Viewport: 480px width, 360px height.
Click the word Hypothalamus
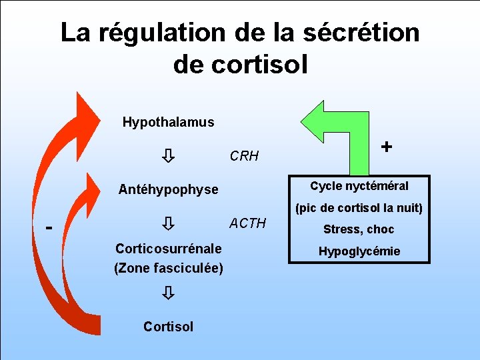click(168, 122)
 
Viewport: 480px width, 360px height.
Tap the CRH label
click(244, 157)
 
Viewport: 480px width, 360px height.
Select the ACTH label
click(247, 223)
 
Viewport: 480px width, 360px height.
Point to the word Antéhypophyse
click(168, 189)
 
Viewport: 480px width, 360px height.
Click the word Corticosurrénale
click(169, 249)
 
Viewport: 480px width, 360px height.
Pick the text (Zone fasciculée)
click(169, 268)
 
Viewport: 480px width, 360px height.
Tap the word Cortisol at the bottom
click(168, 326)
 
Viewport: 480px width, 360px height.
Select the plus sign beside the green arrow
click(386, 145)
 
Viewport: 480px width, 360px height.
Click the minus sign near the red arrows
click(49, 227)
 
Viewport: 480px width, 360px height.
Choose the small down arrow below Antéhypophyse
click(169, 222)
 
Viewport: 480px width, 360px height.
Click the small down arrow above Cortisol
click(169, 292)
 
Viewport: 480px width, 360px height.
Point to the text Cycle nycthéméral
click(359, 186)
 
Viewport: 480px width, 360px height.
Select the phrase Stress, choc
click(359, 229)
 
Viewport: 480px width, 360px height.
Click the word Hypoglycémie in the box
click(359, 251)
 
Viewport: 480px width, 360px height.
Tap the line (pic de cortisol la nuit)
click(359, 208)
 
